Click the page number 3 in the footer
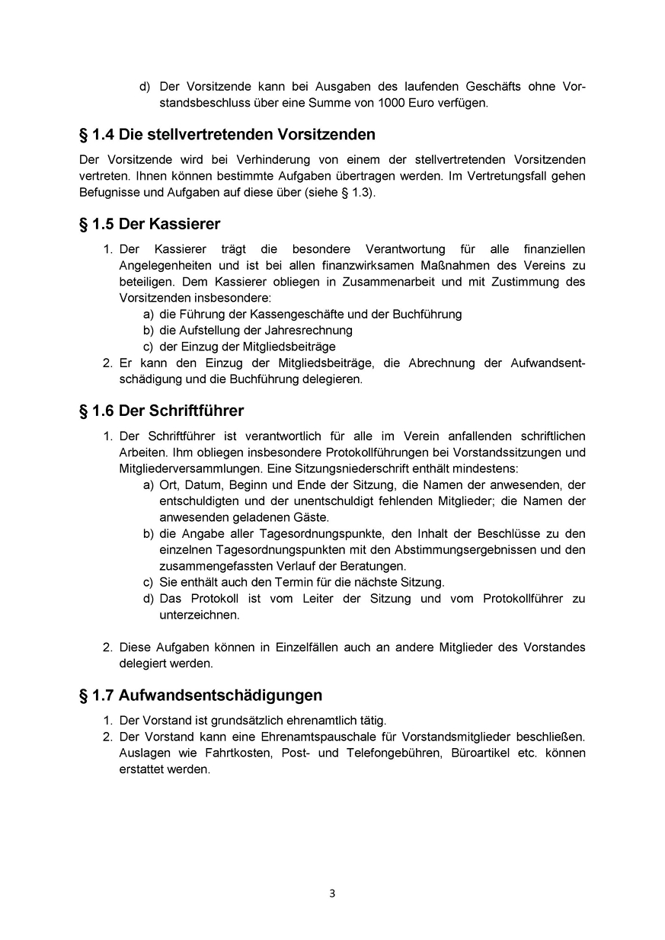[x=332, y=894]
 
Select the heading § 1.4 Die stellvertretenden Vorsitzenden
[x=227, y=135]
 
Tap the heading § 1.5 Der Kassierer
[x=149, y=224]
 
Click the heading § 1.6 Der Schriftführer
[x=161, y=411]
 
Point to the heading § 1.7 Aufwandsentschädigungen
[x=200, y=695]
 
